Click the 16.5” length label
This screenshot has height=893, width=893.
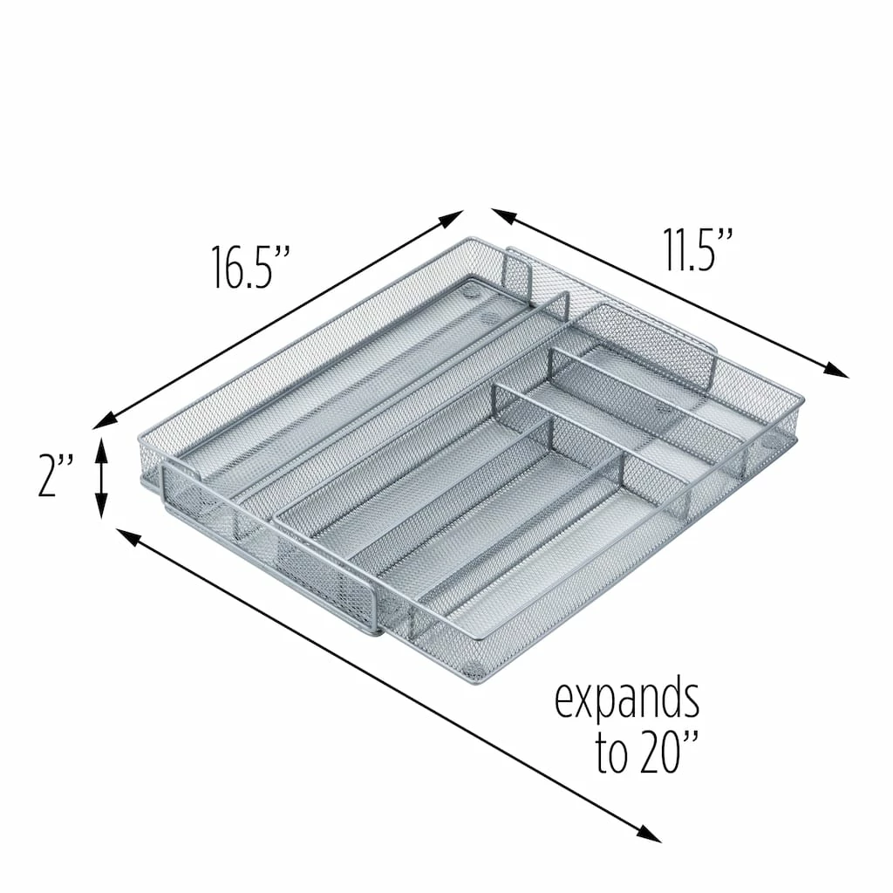[251, 267]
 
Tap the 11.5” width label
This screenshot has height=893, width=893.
[697, 249]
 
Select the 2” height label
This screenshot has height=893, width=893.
[55, 475]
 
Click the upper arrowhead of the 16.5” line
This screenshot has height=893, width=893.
[453, 217]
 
